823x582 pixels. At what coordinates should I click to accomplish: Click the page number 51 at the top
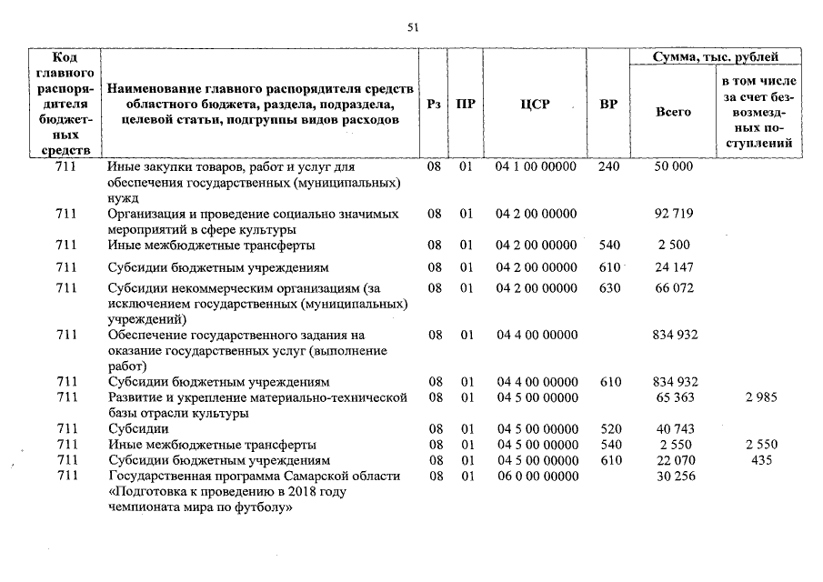(412, 28)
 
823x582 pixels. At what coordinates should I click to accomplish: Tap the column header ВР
(608, 105)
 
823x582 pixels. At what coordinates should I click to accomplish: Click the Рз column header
(435, 105)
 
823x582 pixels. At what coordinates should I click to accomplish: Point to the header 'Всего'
(673, 111)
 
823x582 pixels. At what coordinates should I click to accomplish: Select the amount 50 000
(673, 167)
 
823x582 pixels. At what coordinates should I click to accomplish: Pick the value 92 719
(673, 214)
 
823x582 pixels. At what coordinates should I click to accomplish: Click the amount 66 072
(673, 288)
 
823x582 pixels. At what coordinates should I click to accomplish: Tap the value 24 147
(673, 267)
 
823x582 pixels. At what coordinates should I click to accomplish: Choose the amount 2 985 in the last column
(760, 397)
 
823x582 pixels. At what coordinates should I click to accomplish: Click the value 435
(760, 460)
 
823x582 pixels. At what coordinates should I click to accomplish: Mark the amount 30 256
(673, 477)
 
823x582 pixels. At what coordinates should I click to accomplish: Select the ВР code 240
(608, 167)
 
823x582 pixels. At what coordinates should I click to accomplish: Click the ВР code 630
(608, 288)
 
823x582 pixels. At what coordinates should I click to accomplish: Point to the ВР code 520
(608, 428)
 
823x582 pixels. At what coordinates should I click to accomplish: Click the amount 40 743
(673, 428)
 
